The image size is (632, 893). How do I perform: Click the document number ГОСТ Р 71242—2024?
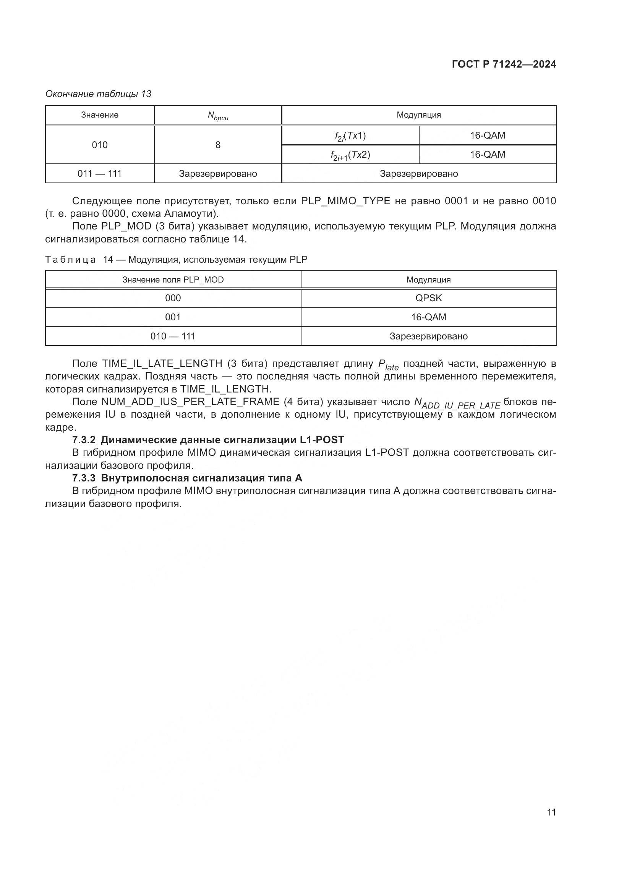tap(504, 65)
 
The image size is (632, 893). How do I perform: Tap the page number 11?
tap(551, 812)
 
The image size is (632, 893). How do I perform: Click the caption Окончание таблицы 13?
tap(98, 94)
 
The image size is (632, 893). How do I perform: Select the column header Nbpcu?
tap(217, 115)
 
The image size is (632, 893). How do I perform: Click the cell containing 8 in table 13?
tap(217, 145)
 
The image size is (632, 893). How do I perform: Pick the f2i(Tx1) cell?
tap(350, 136)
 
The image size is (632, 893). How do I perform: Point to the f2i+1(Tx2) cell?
tap(350, 155)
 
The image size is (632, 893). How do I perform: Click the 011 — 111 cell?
tap(100, 173)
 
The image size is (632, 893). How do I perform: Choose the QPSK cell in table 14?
tap(428, 298)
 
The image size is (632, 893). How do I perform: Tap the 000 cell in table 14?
tap(173, 298)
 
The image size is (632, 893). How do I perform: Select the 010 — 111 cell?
tap(173, 336)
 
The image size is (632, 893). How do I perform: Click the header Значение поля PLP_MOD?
tap(173, 279)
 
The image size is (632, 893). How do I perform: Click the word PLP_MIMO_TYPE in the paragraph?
tap(345, 201)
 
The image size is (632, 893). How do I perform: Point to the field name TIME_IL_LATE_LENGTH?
tap(162, 364)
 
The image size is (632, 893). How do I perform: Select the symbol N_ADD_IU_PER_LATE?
tap(457, 403)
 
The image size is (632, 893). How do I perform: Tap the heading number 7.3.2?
tap(84, 440)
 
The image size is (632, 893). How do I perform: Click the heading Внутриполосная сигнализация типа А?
tap(202, 478)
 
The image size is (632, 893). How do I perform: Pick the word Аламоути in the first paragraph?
tap(188, 213)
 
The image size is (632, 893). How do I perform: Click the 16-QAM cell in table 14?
tap(428, 317)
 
